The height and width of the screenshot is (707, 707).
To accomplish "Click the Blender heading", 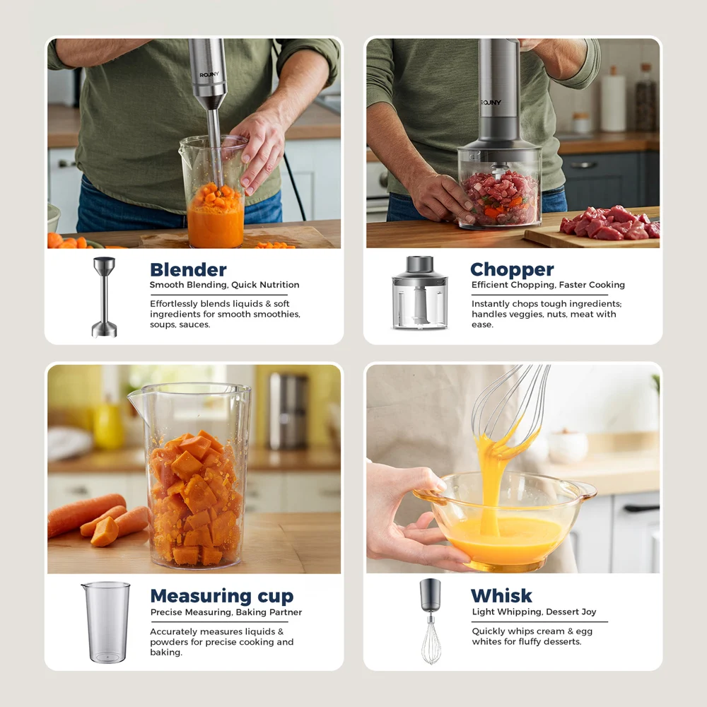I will click(x=188, y=270).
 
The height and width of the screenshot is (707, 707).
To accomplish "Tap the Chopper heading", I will click(x=512, y=270).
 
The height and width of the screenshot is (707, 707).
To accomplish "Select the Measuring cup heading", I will click(x=221, y=596).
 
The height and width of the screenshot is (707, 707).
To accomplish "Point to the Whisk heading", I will click(x=501, y=596).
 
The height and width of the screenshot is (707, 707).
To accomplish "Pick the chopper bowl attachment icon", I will click(x=420, y=293).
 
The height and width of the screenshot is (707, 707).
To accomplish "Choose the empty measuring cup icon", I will click(x=106, y=622).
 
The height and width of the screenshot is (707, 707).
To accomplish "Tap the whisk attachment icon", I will click(x=431, y=621).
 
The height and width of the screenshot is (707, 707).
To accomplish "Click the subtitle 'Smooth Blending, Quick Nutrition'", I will click(x=224, y=286).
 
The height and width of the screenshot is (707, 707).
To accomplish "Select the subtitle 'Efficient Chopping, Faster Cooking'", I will click(x=548, y=286).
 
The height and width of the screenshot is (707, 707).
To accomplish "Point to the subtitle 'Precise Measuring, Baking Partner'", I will click(x=226, y=612).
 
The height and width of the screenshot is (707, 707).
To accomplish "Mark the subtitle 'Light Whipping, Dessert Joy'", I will click(x=534, y=612).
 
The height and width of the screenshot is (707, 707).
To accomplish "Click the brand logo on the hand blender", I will click(x=210, y=75).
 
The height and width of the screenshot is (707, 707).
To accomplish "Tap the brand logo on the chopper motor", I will click(x=491, y=103).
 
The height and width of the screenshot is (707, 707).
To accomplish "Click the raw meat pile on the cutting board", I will click(x=609, y=223).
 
